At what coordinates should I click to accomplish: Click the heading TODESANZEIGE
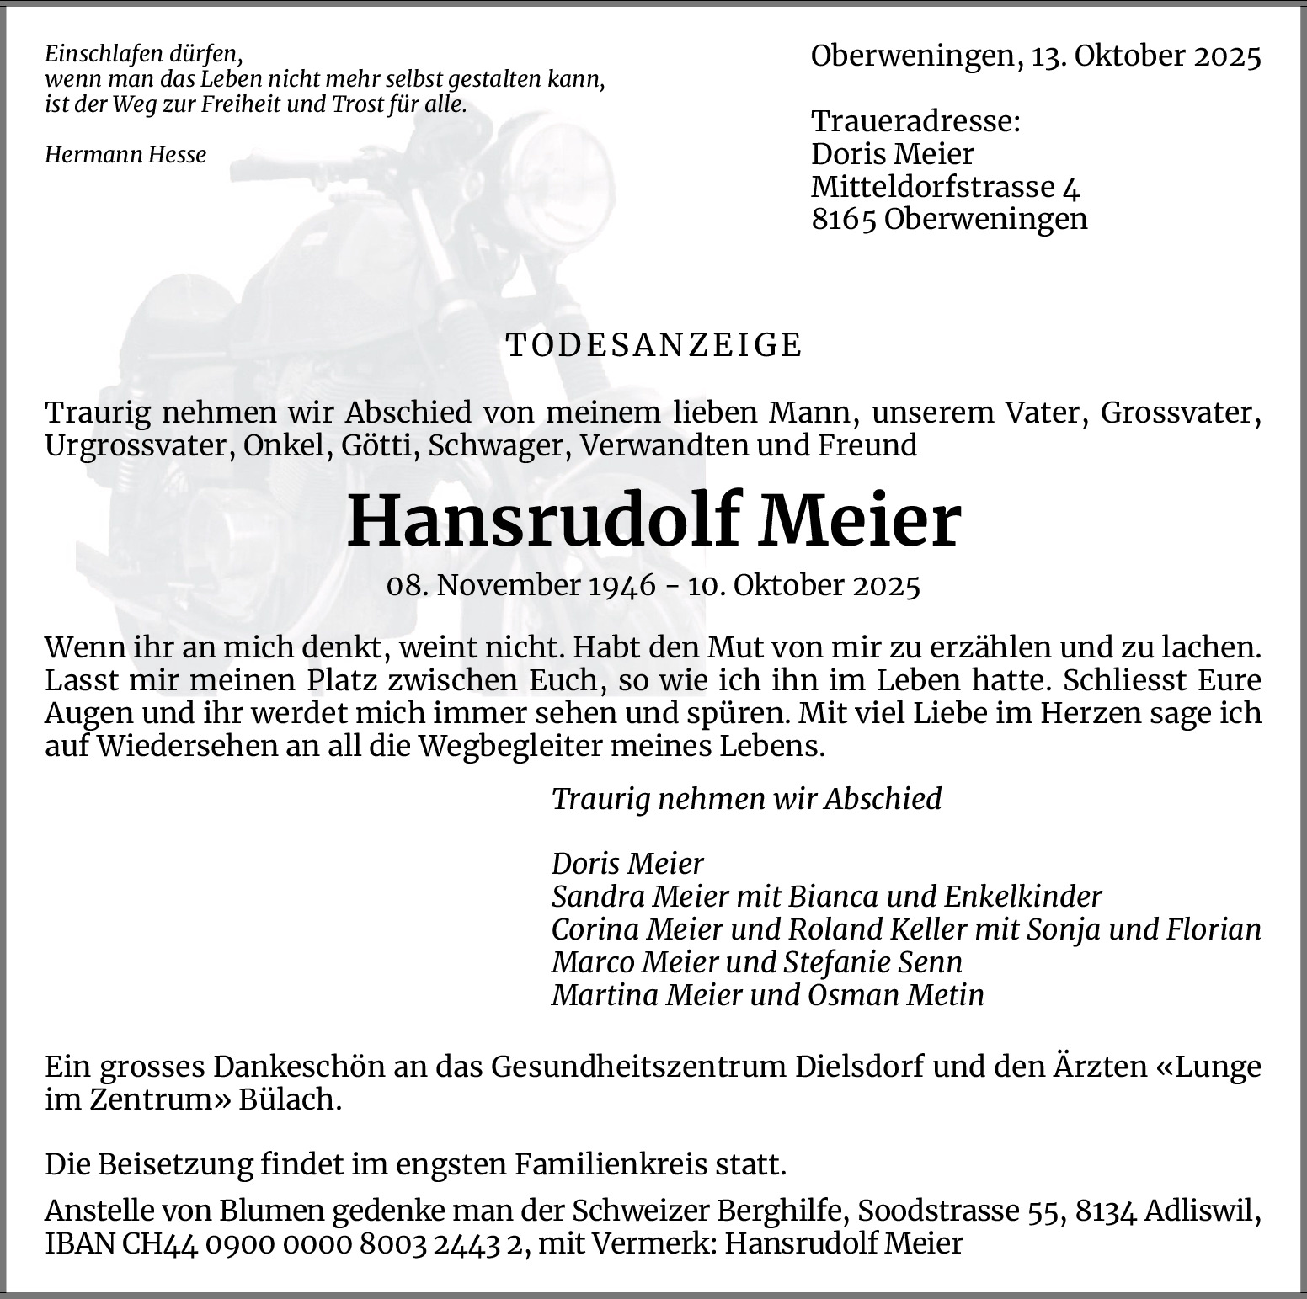pos(654,345)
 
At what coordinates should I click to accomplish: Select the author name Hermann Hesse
pos(125,155)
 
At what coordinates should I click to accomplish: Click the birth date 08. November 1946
pos(520,585)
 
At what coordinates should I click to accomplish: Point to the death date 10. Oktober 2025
pos(803,585)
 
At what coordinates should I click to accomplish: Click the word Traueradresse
pos(915,121)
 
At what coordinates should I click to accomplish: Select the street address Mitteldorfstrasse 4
pos(945,187)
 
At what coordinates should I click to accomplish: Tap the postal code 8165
pos(844,219)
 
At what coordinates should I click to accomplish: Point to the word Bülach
pos(290,1100)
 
